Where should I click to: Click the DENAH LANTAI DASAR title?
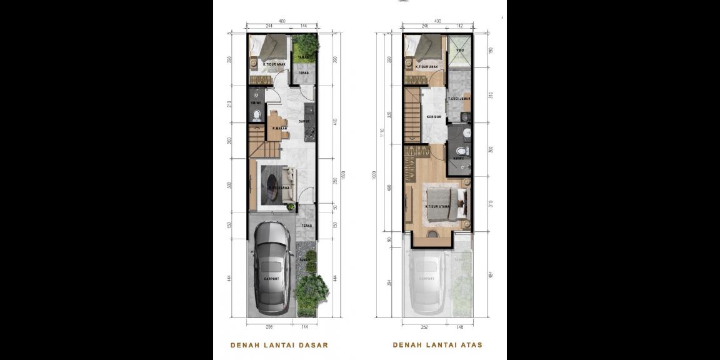pos(279,345)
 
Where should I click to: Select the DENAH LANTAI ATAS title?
pos(437,345)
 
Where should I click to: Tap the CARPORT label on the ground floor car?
pos(271,279)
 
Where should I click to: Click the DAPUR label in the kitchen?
pos(304,121)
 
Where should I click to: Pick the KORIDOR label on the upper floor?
pos(434,116)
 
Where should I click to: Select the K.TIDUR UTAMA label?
pos(438,206)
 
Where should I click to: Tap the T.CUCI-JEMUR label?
pos(459,99)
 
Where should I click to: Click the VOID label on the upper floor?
pos(460,50)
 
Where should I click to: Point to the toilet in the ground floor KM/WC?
pos(256,115)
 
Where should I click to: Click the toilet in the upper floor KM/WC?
pos(461,151)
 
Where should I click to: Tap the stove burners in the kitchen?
pos(309,132)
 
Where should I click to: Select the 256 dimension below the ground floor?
pos(270,327)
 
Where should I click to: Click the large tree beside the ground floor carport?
pos(311,291)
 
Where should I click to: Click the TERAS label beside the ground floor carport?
pos(306,226)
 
